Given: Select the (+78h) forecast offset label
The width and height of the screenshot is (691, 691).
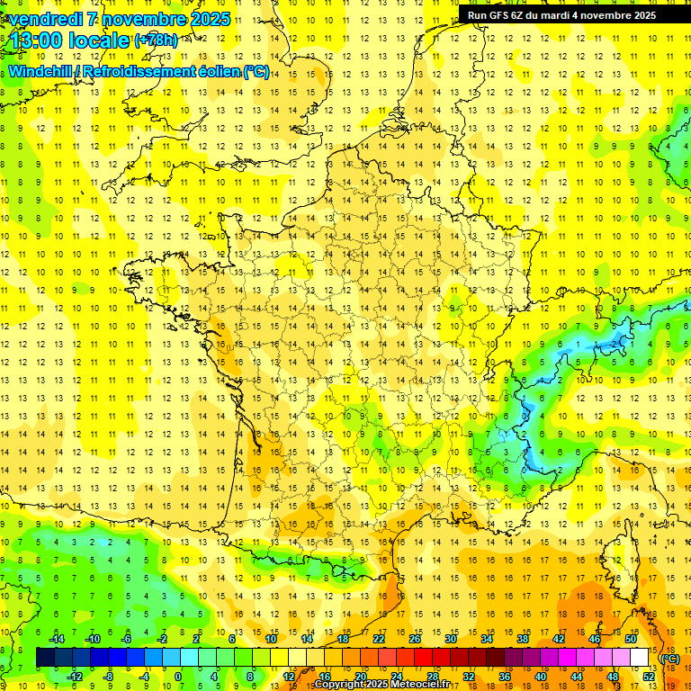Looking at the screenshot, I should pos(156,40).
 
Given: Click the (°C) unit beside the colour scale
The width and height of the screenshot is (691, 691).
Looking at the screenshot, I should pos(669,659).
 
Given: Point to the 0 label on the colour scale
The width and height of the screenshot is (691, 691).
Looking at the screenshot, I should pos(177,677).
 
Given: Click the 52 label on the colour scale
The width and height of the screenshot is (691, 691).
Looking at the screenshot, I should pos(649,677).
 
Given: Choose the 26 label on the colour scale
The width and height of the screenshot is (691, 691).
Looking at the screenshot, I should pos(415,639).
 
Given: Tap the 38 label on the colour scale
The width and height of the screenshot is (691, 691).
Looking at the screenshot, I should pos(523,639).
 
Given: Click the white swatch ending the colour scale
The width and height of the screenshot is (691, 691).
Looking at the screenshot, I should pos(640,658).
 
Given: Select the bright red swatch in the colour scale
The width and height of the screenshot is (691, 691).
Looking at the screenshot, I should pos(424,658).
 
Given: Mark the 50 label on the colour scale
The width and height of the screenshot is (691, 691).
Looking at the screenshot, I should pos(631,639).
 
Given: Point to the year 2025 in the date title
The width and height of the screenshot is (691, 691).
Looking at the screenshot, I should pos(209,19).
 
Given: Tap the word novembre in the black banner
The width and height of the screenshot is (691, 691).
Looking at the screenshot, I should pos(612,15).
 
